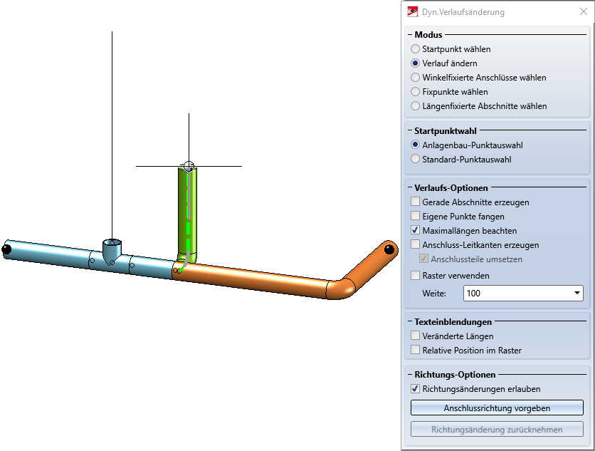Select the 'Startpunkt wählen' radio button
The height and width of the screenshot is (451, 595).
[416, 49]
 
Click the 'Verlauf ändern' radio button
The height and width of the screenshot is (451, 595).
[416, 63]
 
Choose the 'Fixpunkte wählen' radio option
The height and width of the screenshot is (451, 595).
[416, 92]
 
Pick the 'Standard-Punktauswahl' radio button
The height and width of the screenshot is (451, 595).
[416, 160]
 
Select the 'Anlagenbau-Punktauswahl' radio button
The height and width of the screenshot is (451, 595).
[416, 145]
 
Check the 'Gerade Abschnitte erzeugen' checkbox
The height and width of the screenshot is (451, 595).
[416, 202]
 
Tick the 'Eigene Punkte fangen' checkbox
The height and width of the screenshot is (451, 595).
[416, 217]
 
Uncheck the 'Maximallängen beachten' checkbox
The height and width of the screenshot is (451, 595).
[416, 231]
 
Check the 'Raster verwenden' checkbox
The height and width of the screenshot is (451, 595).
[416, 276]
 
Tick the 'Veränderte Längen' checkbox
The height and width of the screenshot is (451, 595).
[416, 336]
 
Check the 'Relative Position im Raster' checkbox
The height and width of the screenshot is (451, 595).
[416, 351]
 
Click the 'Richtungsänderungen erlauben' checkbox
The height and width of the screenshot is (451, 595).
[416, 390]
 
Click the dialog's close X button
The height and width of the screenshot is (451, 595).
[584, 11]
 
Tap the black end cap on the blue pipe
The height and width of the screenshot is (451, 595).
[6, 249]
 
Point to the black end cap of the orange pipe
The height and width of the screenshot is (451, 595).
[389, 249]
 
